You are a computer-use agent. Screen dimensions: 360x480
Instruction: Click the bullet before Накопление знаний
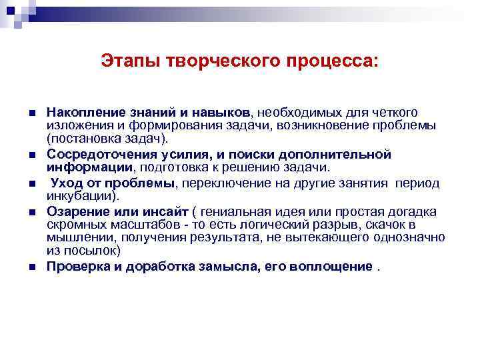pyautogui.click(x=31, y=111)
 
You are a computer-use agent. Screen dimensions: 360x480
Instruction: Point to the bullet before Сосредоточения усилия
pyautogui.click(x=31, y=155)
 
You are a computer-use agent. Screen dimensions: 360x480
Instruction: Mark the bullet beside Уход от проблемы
pyautogui.click(x=31, y=183)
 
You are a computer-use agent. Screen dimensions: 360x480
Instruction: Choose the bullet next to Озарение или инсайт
pyautogui.click(x=31, y=212)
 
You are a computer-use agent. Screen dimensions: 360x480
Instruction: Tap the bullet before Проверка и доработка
pyautogui.click(x=31, y=268)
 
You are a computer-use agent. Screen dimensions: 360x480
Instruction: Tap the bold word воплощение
pyautogui.click(x=334, y=267)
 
